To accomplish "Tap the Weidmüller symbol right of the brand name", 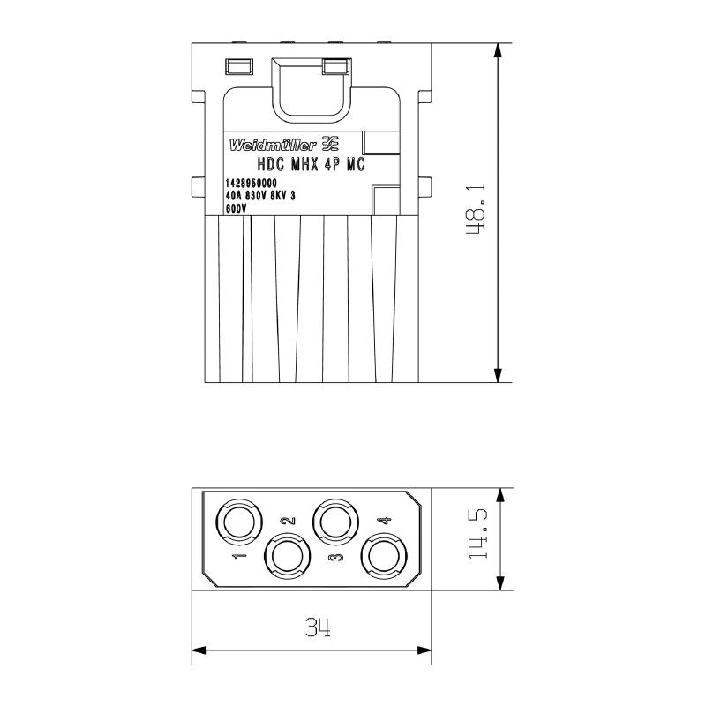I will click(328, 143).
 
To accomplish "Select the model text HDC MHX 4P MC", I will click(311, 164).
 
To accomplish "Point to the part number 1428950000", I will click(252, 184).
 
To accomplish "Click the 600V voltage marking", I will click(236, 209).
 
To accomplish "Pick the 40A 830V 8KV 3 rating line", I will click(260, 197).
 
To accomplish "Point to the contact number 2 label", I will click(285, 521).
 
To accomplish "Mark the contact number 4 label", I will click(383, 521).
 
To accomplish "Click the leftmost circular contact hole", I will click(237, 522).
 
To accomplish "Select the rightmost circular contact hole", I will click(384, 558).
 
